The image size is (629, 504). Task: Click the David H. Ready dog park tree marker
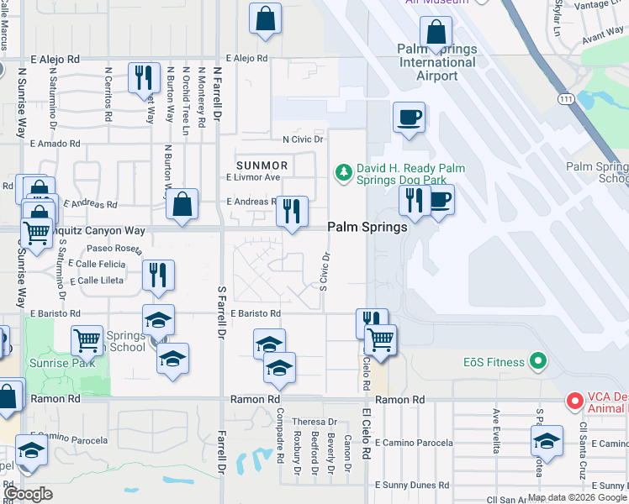(x=343, y=173)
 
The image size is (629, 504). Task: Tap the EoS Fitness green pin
(x=539, y=363)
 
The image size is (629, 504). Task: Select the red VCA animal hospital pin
(x=575, y=401)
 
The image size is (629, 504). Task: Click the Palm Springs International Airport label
(x=429, y=62)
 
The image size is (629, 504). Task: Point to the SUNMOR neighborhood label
(x=262, y=165)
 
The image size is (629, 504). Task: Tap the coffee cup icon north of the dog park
(x=409, y=118)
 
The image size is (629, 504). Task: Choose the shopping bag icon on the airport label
(x=436, y=34)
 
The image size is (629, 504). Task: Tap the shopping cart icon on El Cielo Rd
(x=381, y=340)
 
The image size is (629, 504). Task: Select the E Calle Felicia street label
(x=98, y=264)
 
